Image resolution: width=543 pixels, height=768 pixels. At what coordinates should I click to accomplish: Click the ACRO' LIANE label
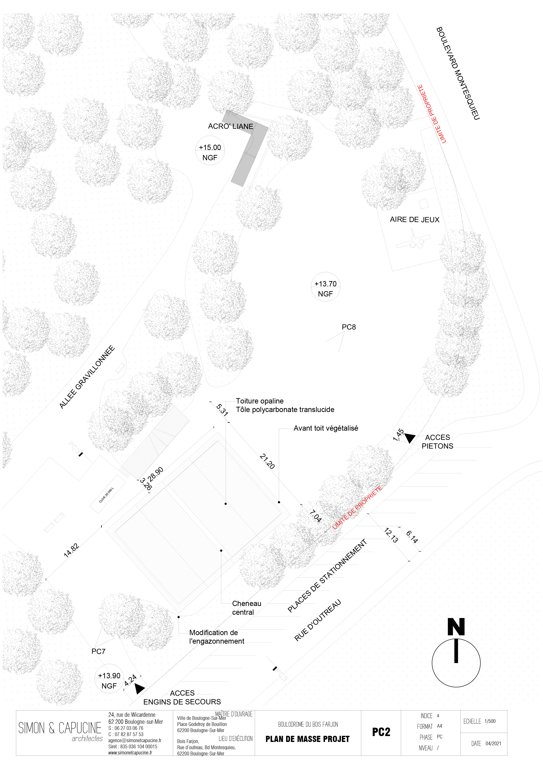coord(230,127)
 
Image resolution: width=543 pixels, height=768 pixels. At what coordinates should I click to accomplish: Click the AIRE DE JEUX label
coord(414,220)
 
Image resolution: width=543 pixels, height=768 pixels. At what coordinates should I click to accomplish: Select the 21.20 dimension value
coord(267,461)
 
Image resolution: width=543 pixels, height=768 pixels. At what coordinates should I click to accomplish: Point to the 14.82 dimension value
coord(72,550)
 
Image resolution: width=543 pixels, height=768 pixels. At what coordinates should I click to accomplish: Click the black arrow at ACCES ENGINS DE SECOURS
coord(139,688)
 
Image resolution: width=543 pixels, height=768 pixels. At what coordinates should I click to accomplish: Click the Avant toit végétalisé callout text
coord(326,428)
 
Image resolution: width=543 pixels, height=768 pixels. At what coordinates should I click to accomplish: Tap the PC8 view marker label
coord(349,327)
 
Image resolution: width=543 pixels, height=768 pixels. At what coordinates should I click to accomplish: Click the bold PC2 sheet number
coord(381,732)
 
